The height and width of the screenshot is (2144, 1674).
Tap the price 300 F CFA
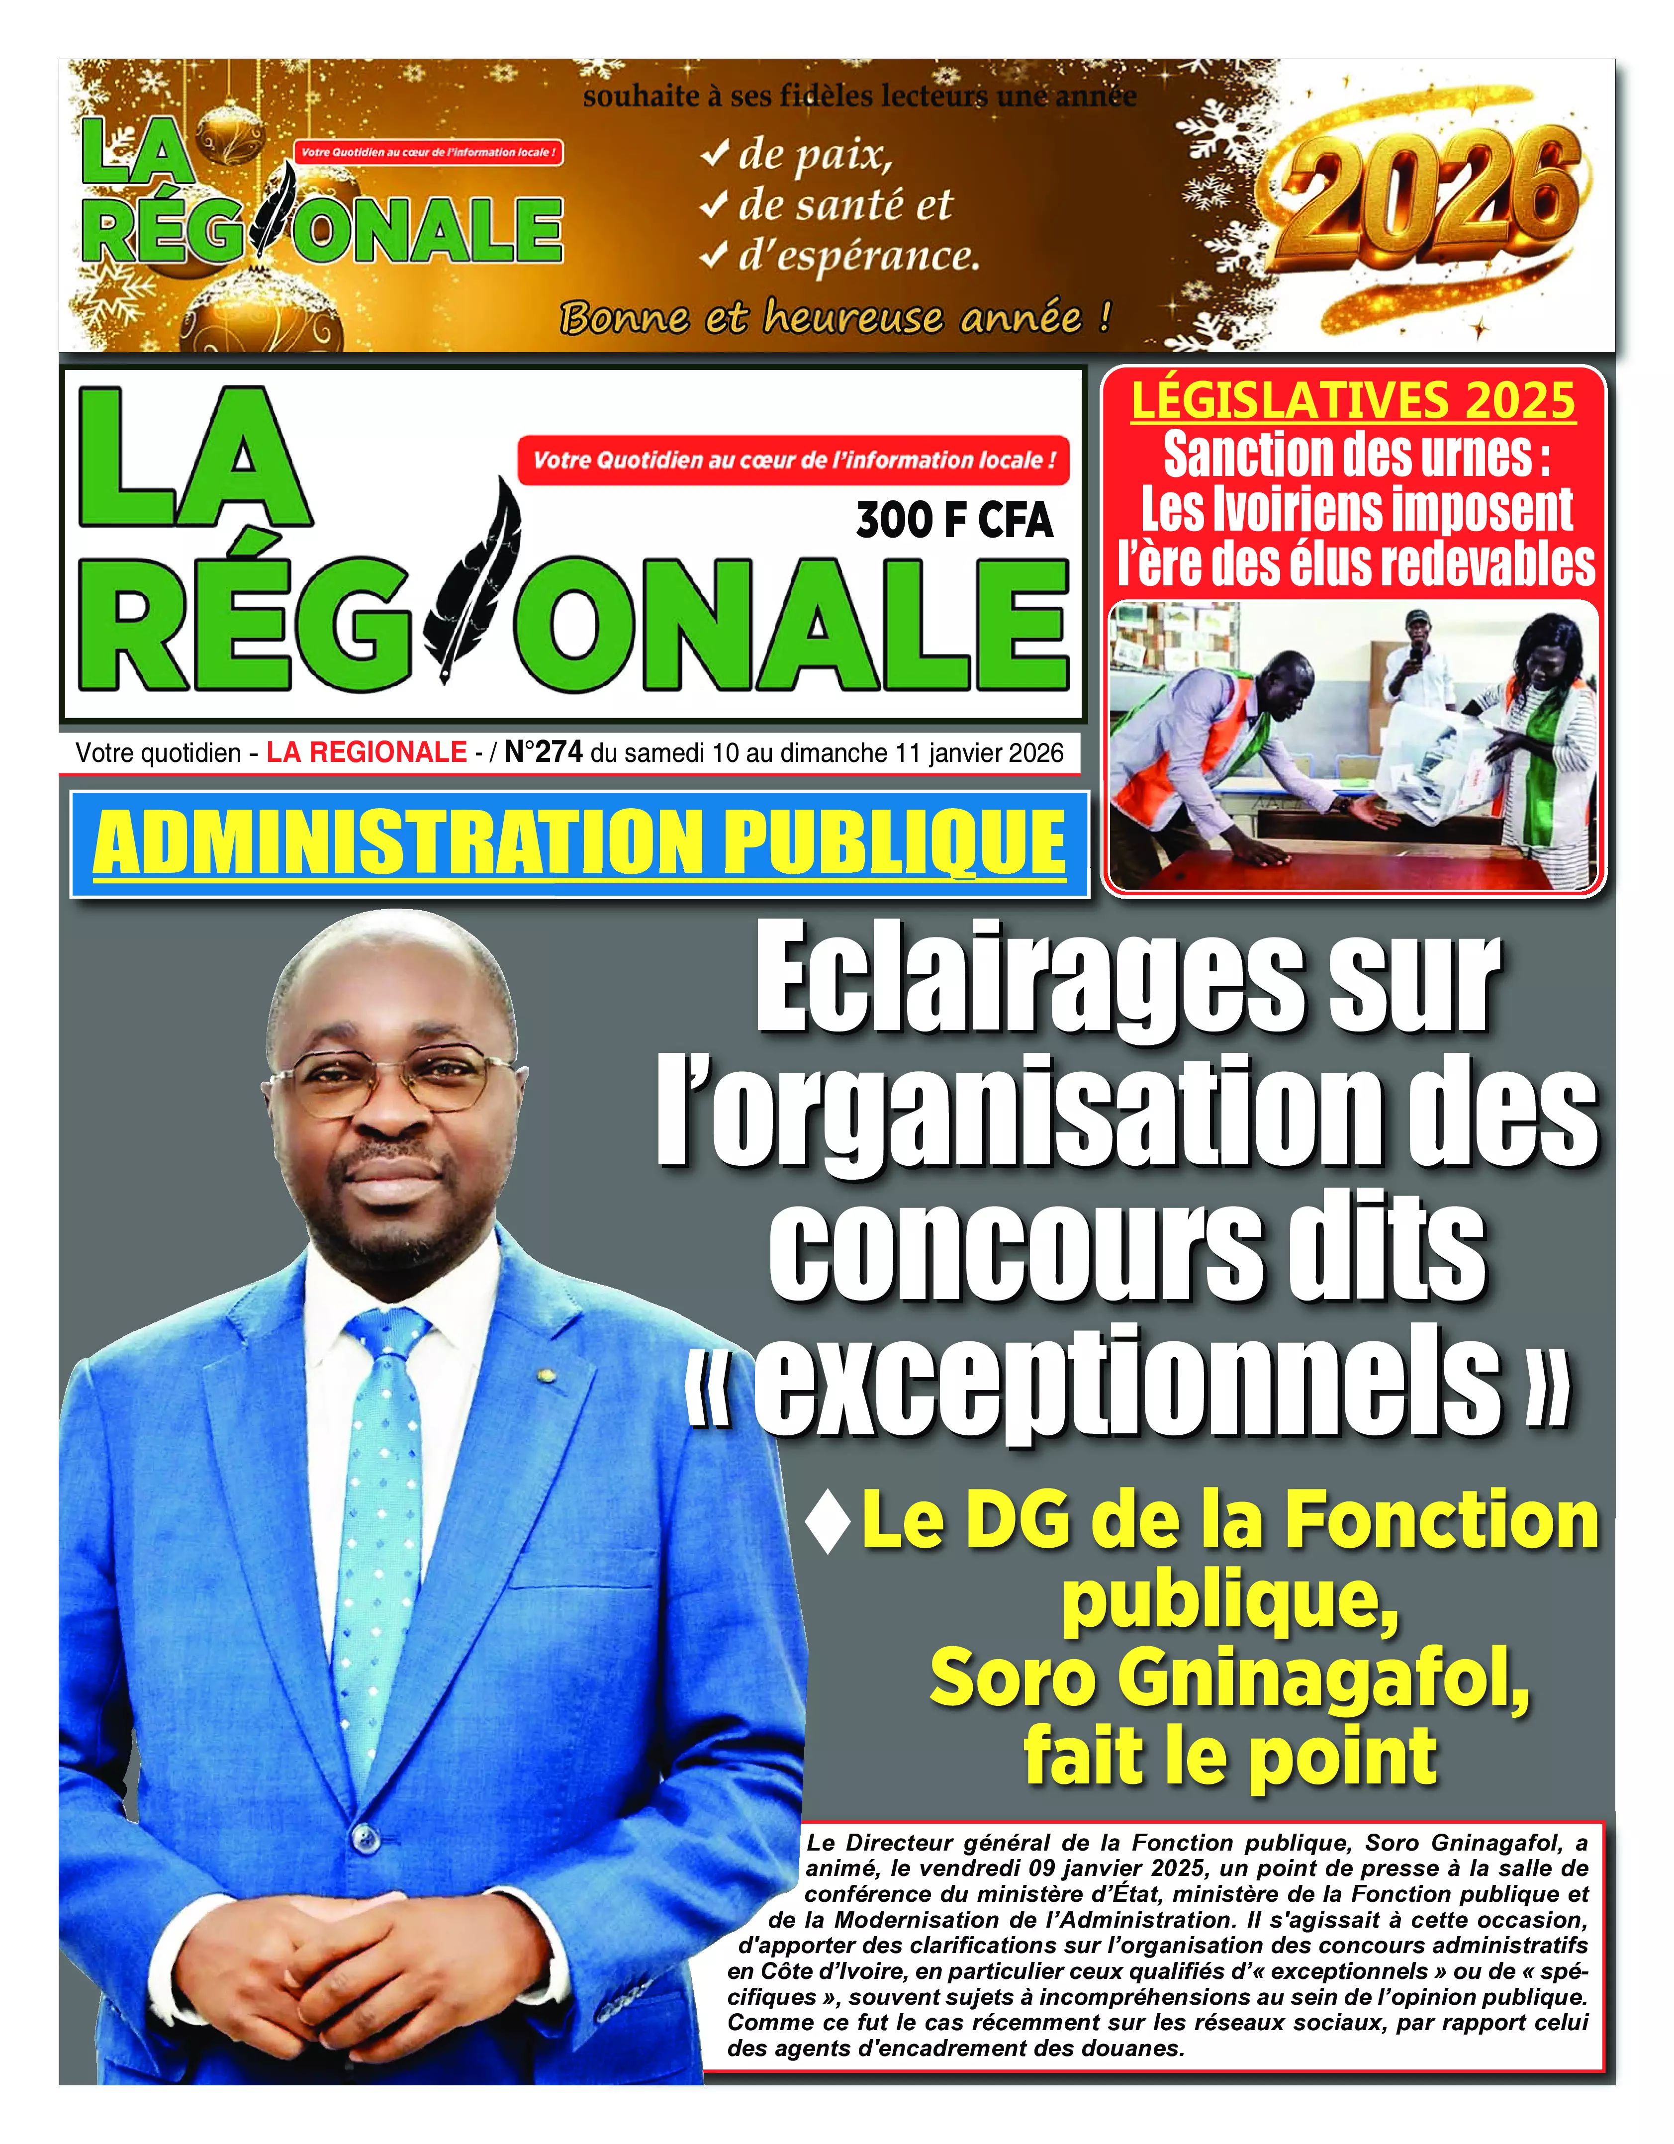click(x=954, y=520)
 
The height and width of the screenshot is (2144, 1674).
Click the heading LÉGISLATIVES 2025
click(x=1353, y=400)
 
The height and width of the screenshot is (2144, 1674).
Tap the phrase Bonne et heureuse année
click(x=835, y=317)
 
